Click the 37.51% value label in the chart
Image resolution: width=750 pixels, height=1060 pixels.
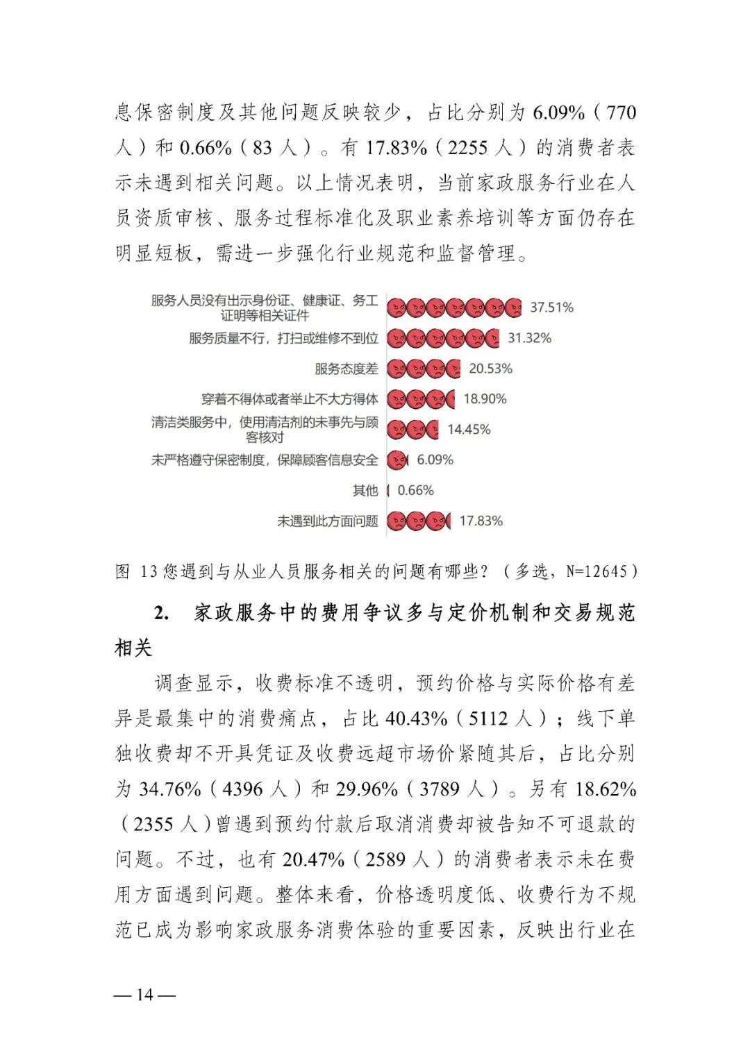(x=551, y=308)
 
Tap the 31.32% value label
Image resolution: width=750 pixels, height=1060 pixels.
(x=529, y=338)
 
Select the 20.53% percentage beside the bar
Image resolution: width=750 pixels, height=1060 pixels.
(x=490, y=369)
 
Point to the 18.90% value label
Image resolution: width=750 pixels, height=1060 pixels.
(x=485, y=399)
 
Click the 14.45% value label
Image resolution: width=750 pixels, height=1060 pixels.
(x=469, y=430)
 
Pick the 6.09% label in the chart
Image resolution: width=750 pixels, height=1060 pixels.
(x=435, y=460)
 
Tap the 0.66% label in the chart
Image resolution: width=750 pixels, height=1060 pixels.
(x=415, y=491)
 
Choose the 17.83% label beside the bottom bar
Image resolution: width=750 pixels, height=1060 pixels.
(x=481, y=521)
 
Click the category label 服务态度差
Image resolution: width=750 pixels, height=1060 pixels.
(x=347, y=369)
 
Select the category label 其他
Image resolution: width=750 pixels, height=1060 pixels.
(x=365, y=491)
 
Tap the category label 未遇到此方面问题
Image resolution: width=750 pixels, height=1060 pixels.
(x=328, y=521)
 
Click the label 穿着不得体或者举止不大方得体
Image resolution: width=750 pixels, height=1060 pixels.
(x=290, y=399)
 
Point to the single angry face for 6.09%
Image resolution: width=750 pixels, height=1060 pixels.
(x=397, y=460)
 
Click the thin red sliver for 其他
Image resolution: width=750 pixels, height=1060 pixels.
(x=388, y=491)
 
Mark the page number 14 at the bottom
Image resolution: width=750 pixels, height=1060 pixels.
(x=144, y=995)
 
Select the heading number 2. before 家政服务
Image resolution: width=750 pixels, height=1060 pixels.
(x=161, y=613)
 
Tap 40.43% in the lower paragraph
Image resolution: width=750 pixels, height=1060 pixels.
(x=416, y=718)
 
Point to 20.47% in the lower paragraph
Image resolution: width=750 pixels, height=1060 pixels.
(x=313, y=860)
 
